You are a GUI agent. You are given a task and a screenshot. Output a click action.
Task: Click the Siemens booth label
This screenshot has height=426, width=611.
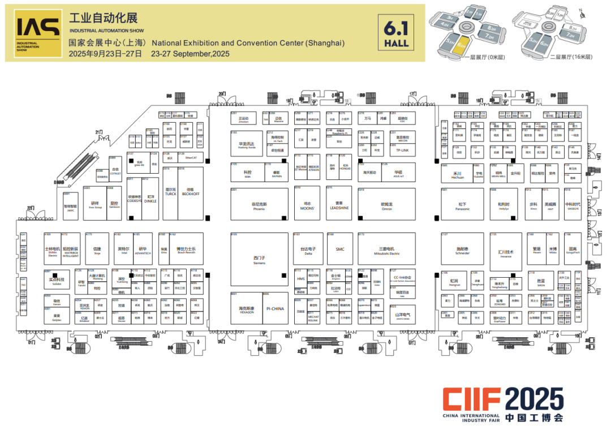259,260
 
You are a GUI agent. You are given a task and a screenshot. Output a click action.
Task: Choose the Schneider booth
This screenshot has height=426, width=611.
462,250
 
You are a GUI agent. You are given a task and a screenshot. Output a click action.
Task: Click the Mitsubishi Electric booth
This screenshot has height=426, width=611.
386,250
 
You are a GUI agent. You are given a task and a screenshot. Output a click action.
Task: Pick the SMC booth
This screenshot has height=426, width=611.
339,249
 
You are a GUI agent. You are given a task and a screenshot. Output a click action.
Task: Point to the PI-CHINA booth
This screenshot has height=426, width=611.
274,309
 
